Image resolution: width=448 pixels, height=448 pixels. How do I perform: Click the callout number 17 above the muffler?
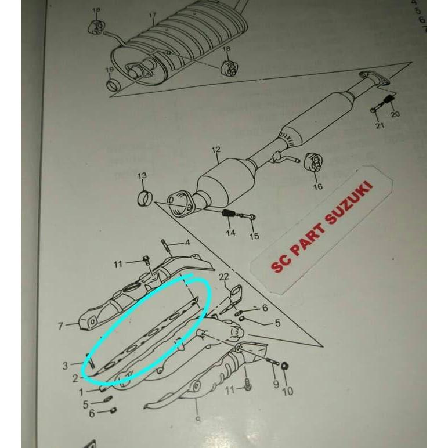pos(152,15)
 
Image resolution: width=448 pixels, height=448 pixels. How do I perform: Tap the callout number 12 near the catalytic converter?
pos(215,150)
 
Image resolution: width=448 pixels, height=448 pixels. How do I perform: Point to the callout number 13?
pos(142,175)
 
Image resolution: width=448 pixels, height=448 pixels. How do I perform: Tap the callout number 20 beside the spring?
pos(395,114)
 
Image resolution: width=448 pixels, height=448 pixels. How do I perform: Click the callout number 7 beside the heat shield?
pos(60,326)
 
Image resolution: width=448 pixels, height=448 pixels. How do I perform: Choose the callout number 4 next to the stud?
pos(187,243)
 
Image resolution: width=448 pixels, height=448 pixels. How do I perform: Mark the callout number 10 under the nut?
pos(287,392)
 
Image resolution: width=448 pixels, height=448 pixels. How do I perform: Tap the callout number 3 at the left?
pos(66,366)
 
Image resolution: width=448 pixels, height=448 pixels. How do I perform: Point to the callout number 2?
pos(75,379)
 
